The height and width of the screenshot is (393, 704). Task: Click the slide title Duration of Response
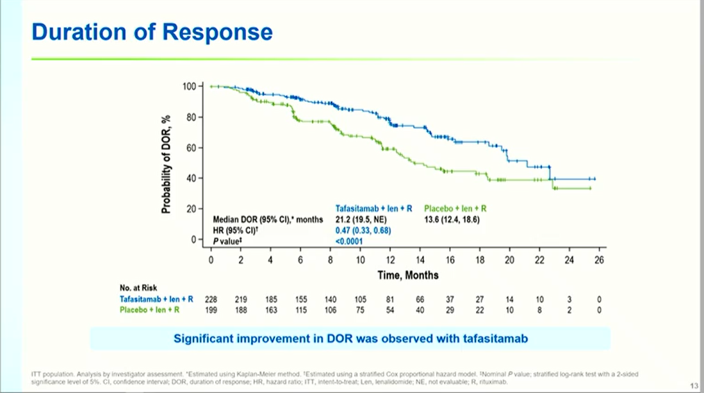click(152, 31)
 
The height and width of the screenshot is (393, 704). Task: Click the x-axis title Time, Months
click(407, 275)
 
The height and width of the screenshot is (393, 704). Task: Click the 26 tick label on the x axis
click(600, 260)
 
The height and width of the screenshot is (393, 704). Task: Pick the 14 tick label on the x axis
click(420, 260)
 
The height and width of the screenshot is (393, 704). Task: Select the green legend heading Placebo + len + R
click(455, 208)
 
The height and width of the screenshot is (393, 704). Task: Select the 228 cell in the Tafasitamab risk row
click(211, 299)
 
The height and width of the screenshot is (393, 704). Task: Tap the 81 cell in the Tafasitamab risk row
click(390, 299)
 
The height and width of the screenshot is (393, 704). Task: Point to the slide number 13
click(694, 385)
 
